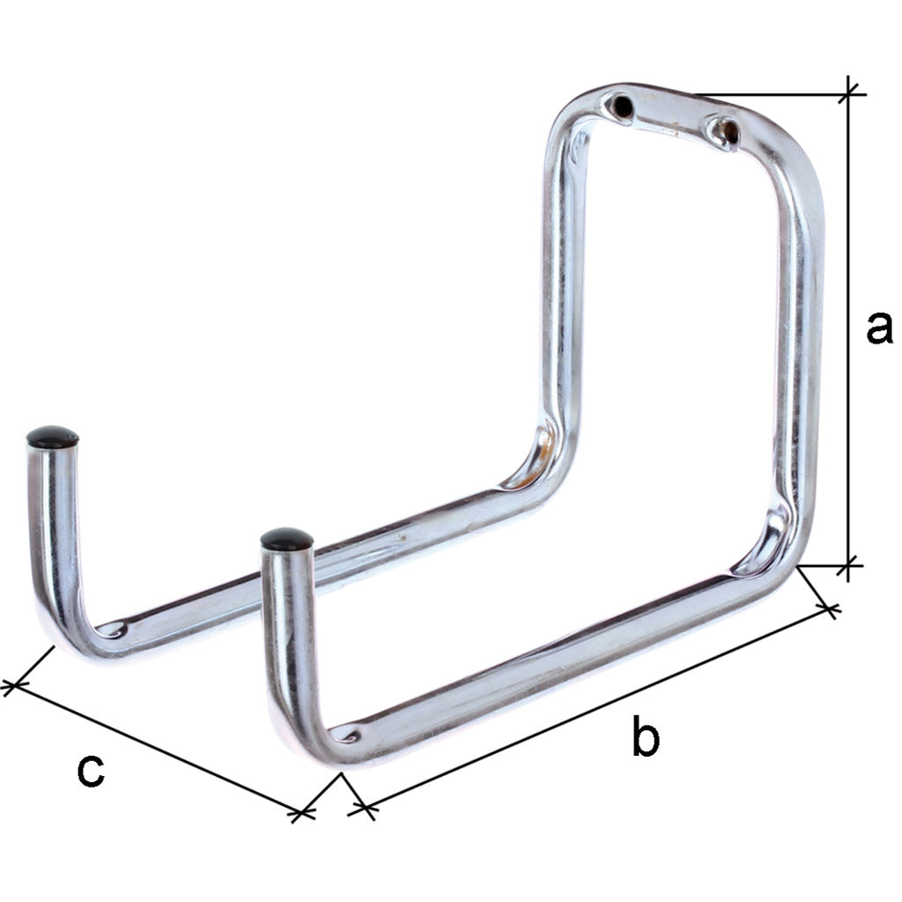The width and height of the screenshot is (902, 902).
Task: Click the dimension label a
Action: click(878, 328)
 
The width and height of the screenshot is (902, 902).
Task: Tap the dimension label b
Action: click(645, 737)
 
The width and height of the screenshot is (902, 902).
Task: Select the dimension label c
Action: click(90, 770)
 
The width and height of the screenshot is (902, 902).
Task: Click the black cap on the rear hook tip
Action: click(52, 436)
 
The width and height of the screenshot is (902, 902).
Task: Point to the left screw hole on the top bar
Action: click(622, 106)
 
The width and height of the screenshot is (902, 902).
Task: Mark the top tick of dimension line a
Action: click(850, 92)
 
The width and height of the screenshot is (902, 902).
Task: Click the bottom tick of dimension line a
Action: click(850, 565)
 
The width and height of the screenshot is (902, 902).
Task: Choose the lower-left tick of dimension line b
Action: click(362, 807)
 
